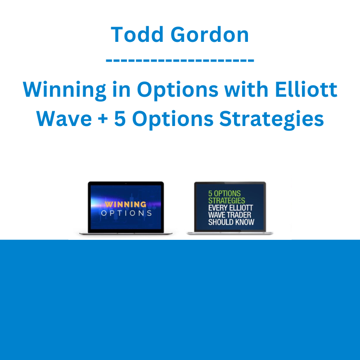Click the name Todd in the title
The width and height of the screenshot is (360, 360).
pyautogui.click(x=137, y=35)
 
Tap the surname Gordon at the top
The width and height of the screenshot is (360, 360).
pyautogui.click(x=210, y=35)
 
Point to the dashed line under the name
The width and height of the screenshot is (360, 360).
pyautogui.click(x=180, y=60)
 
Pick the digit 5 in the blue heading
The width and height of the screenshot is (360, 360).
pyautogui.click(x=120, y=118)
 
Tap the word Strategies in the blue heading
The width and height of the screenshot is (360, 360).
pyautogui.click(x=271, y=119)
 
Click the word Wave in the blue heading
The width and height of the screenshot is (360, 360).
pyautogui.click(x=64, y=118)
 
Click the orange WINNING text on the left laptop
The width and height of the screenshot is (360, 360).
pyautogui.click(x=126, y=204)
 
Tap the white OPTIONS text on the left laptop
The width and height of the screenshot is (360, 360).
pyautogui.click(x=126, y=213)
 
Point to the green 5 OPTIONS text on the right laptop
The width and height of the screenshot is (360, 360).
pyautogui.click(x=224, y=193)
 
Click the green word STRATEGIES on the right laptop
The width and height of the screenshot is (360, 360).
pyautogui.click(x=227, y=200)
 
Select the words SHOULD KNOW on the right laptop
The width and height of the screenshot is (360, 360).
pyautogui.click(x=231, y=222)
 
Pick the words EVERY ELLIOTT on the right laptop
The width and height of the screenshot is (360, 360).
pyautogui.click(x=230, y=208)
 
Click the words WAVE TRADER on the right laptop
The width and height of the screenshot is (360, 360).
pyautogui.click(x=229, y=215)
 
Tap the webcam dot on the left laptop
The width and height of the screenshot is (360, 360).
pyautogui.click(x=126, y=184)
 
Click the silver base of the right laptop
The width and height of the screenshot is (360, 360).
pyautogui.click(x=229, y=233)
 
